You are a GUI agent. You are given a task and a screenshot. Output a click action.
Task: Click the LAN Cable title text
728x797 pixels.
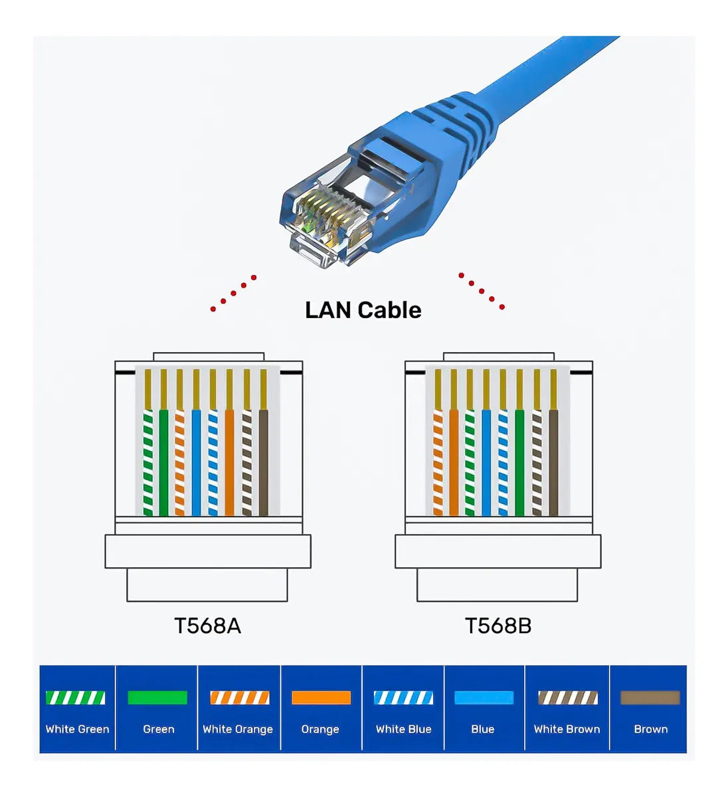click(x=363, y=310)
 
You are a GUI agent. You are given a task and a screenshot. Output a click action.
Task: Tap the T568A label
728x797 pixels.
click(x=207, y=626)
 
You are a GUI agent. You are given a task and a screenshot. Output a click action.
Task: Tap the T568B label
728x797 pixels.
click(x=498, y=626)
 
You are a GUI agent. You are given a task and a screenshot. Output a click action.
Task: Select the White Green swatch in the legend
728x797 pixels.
click(x=76, y=698)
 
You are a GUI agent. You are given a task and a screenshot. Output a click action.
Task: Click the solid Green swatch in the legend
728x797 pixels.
click(x=157, y=698)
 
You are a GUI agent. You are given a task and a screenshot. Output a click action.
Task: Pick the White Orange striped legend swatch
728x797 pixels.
click(x=240, y=698)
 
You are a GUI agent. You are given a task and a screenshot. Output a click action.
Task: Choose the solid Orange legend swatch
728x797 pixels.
click(x=321, y=698)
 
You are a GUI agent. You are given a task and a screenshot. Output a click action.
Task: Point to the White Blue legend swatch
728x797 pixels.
click(x=403, y=698)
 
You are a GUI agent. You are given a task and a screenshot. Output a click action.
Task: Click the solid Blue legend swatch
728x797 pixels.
click(x=484, y=698)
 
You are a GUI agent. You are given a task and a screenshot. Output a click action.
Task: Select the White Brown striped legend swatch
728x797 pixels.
click(x=567, y=698)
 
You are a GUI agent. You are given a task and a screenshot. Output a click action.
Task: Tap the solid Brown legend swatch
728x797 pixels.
click(x=650, y=698)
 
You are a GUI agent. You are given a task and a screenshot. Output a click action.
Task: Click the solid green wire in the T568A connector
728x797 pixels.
click(x=164, y=462)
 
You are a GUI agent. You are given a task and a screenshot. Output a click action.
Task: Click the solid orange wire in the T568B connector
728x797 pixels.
click(x=454, y=462)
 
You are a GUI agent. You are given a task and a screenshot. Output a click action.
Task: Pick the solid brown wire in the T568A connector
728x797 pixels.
click(x=264, y=462)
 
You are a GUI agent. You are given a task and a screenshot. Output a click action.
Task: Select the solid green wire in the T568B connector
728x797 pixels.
click(x=519, y=462)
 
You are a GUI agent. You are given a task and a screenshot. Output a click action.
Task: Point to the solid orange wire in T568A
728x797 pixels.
click(x=229, y=462)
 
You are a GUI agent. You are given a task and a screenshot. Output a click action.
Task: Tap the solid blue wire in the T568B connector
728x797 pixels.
click(x=486, y=462)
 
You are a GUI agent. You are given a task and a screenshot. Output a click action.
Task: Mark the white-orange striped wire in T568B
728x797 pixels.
click(x=438, y=462)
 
